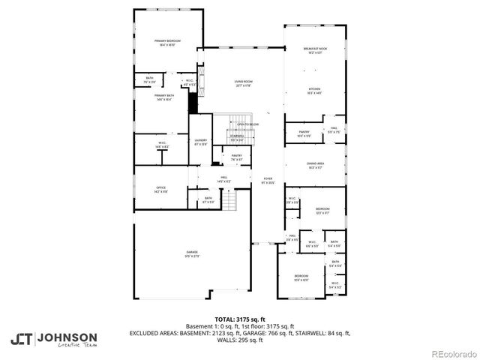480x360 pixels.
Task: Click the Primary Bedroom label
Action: [166, 43]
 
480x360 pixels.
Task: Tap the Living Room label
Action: [243, 83]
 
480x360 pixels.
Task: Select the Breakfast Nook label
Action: [314, 50]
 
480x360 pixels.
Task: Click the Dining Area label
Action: [314, 165]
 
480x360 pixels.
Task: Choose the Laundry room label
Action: [200, 141]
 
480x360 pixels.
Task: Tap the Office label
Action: [160, 189]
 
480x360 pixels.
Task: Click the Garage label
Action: [192, 253]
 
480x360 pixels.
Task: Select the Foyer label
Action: [267, 179]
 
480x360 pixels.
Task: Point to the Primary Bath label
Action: [163, 97]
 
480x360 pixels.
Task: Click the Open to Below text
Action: [247, 124]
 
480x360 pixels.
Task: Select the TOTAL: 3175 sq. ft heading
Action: [239, 319]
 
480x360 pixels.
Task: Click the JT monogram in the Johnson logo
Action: [22, 338]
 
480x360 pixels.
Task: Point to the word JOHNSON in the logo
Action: [67, 336]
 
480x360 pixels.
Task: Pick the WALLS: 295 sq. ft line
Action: [239, 340]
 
